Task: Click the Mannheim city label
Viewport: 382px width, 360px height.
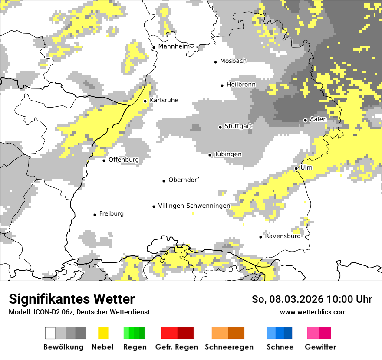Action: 174,46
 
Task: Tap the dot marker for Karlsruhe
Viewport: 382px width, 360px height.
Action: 145,101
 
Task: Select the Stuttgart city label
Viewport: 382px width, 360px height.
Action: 238,126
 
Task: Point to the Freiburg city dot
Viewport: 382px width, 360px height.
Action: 95,215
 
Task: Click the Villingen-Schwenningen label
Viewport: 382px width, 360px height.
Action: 194,206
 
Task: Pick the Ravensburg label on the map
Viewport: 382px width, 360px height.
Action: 283,236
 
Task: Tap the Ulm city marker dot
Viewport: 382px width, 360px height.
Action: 296,168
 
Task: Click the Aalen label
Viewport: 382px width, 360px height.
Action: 318,119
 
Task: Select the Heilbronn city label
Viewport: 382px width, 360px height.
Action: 241,85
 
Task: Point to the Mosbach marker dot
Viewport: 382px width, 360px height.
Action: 215,62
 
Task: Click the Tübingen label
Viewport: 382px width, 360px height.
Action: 228,154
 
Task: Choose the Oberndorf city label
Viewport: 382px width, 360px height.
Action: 184,180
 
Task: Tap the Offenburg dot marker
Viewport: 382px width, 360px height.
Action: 104,160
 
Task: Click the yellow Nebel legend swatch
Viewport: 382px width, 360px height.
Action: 103,333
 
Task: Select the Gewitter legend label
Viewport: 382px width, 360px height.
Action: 320,347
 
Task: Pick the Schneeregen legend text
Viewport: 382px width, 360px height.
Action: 229,347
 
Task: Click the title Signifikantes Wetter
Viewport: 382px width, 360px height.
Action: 72,299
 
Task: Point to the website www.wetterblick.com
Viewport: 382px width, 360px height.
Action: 313,312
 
